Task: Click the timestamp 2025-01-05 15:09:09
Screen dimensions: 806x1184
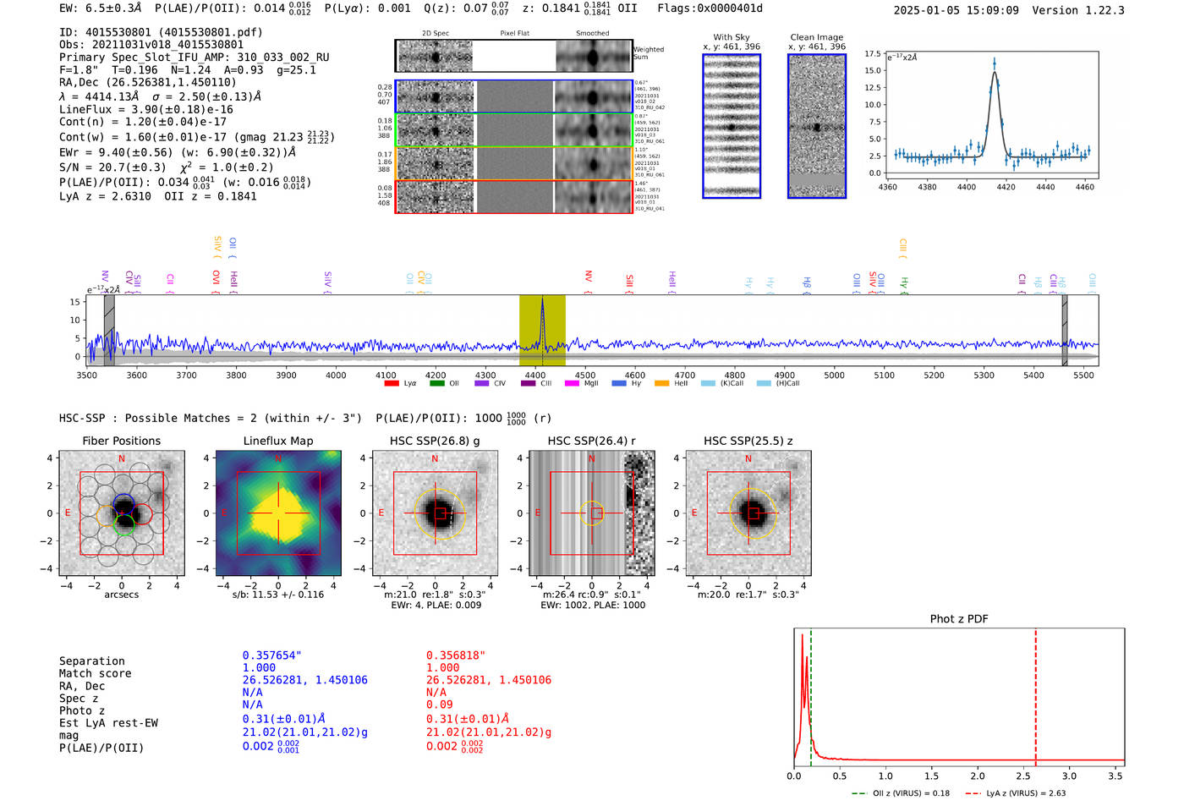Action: pyautogui.click(x=956, y=11)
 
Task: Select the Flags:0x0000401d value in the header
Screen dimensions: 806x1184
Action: pyautogui.click(x=710, y=8)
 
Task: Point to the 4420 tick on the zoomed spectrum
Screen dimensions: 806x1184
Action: pyautogui.click(x=1006, y=187)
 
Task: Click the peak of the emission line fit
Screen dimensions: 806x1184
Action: pyautogui.click(x=995, y=73)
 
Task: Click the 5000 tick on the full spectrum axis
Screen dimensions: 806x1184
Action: pyautogui.click(x=834, y=375)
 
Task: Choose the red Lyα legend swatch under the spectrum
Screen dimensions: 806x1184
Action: pyautogui.click(x=392, y=384)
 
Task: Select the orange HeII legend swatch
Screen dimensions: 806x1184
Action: pyautogui.click(x=661, y=384)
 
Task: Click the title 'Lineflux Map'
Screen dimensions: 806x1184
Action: pyautogui.click(x=277, y=441)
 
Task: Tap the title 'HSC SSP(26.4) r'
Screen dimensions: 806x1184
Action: pyautogui.click(x=591, y=441)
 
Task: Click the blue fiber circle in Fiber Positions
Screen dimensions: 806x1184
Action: pyautogui.click(x=123, y=502)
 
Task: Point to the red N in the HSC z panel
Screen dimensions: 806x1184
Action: pyautogui.click(x=748, y=459)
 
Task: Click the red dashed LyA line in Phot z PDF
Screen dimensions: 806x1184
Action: pyautogui.click(x=1035, y=694)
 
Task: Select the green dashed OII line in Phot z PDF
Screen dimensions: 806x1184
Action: pyautogui.click(x=810, y=694)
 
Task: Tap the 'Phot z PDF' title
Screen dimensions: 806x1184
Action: pyautogui.click(x=959, y=619)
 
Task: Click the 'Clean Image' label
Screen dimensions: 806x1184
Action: pyautogui.click(x=816, y=37)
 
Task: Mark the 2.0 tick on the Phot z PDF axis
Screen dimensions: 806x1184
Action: pyautogui.click(x=978, y=776)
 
